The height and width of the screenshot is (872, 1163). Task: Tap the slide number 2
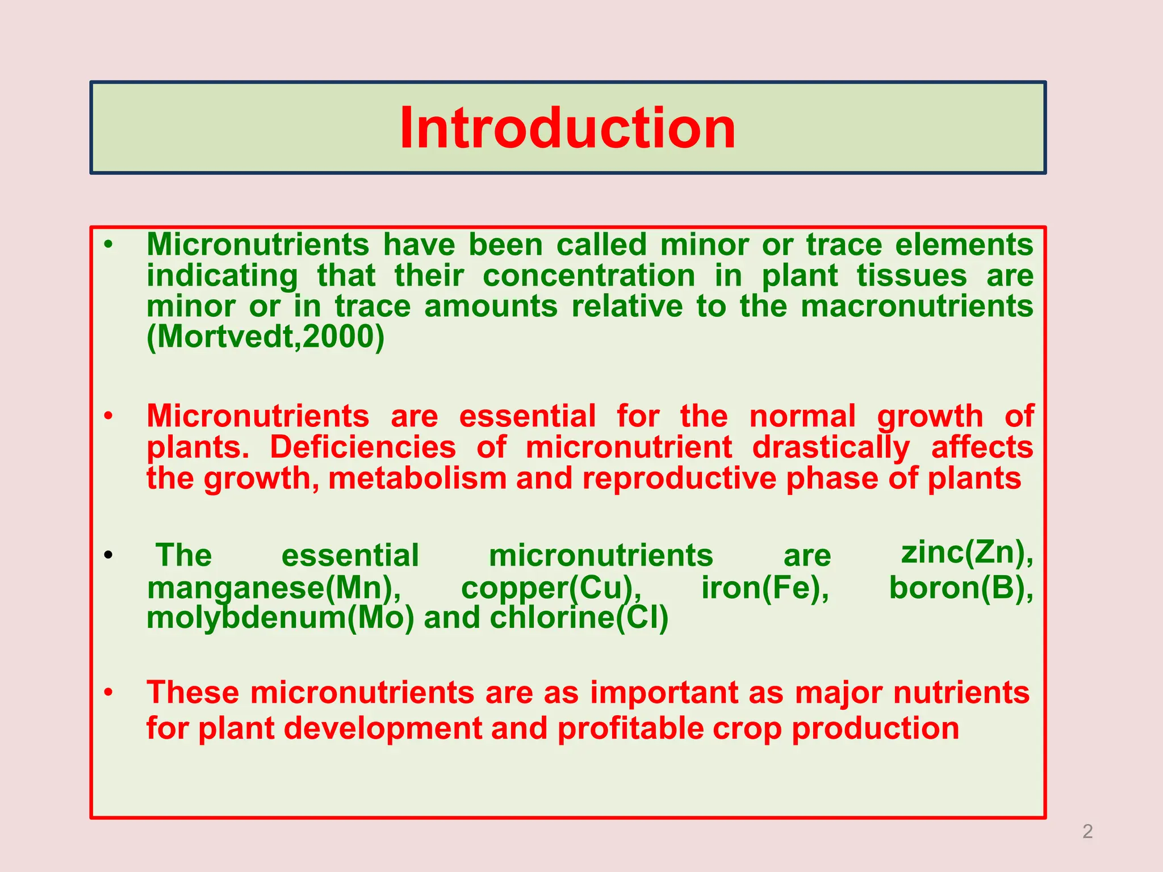coord(1087,831)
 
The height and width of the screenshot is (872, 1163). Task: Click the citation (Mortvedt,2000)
coord(265,337)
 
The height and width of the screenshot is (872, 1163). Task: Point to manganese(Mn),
coord(274,588)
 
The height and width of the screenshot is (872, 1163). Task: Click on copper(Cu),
coord(551,588)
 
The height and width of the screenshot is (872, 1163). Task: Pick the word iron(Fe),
coord(765,588)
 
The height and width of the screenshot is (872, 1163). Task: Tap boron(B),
coord(961,588)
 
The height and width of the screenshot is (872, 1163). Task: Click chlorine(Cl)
coord(579,618)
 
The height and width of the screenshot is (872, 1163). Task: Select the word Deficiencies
coord(362,447)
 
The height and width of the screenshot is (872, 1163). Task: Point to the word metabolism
coord(417,478)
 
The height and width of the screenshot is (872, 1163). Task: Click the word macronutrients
coord(917,307)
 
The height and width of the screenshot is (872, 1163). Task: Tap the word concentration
coord(589,276)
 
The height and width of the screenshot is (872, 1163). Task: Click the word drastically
coord(831,447)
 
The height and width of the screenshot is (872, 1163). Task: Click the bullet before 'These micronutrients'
coord(108,693)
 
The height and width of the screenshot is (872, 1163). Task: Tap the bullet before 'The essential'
coord(108,555)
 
